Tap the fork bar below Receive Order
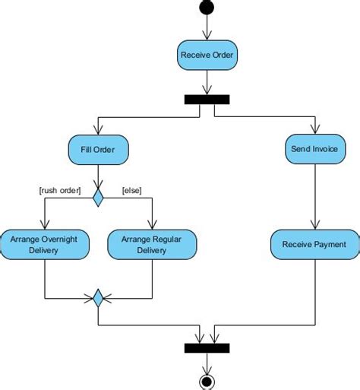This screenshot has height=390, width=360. pos(207,99)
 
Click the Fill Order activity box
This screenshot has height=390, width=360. pos(98,149)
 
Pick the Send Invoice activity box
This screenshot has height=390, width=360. pos(315,149)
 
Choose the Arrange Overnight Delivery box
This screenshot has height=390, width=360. pos(46,244)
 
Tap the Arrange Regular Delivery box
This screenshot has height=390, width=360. pos(152,244)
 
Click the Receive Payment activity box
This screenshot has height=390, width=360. pos(314,244)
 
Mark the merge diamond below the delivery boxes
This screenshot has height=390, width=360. pos(98,298)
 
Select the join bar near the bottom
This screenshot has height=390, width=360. pos(207,347)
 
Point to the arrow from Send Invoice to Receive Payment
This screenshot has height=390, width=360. pos(315,198)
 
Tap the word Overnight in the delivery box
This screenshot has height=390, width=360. pos(62,238)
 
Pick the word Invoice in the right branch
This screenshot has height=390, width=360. pos(325,149)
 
